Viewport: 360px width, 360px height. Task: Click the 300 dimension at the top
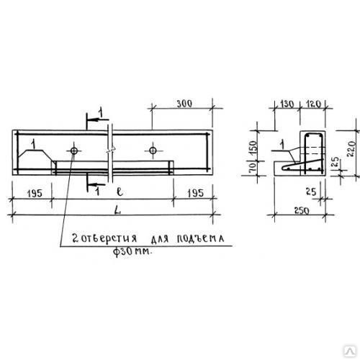click(x=184, y=104)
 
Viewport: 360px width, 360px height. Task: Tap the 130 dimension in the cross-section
click(x=287, y=104)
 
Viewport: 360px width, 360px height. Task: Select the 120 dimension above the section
click(x=313, y=104)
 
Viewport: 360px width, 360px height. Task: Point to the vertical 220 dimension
click(x=351, y=149)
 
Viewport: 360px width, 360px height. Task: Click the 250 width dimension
click(x=302, y=211)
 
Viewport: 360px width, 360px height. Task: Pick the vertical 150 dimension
click(x=253, y=148)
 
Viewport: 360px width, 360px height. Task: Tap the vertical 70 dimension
click(x=253, y=167)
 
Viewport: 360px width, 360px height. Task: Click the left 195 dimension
click(x=35, y=194)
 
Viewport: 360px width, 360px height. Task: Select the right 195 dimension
click(x=196, y=193)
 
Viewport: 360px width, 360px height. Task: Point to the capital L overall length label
click(x=117, y=211)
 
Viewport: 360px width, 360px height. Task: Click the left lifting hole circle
click(x=74, y=151)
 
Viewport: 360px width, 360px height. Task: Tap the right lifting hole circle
click(x=153, y=150)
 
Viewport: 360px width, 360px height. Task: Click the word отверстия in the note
click(x=109, y=238)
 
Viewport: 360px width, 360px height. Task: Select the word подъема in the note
click(x=201, y=238)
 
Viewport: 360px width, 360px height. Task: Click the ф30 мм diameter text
click(x=132, y=251)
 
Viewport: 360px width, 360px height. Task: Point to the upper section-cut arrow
click(x=98, y=120)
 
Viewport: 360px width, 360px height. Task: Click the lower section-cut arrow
click(x=96, y=185)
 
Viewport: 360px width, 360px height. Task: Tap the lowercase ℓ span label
click(x=120, y=192)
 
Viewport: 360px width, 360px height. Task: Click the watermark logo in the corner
click(x=351, y=351)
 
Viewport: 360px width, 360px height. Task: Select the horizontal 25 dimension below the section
click(x=311, y=192)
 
